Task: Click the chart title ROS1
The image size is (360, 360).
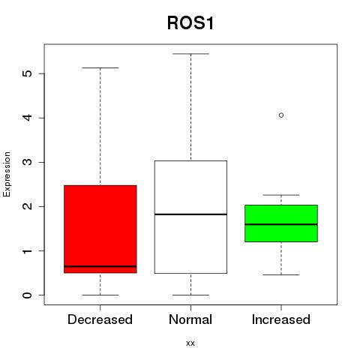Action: coord(190,23)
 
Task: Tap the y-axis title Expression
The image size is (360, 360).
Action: coord(7,174)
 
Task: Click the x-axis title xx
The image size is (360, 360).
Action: coord(190,343)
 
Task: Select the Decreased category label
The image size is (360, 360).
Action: coord(100,319)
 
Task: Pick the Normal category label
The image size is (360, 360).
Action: coord(190,319)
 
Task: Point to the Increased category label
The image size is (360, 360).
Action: coord(281,319)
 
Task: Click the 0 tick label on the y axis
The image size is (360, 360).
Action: coord(28,295)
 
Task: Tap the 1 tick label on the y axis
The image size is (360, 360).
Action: coord(28,250)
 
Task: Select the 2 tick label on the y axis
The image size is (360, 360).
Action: coord(28,206)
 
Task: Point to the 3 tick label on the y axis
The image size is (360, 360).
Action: coord(28,162)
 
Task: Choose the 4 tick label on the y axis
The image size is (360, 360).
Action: coord(28,118)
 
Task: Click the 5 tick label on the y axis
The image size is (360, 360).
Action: coord(28,73)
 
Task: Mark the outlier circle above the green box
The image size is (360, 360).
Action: coord(281,115)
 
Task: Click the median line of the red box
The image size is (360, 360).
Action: coord(100,266)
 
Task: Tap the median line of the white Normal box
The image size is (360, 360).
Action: coord(190,214)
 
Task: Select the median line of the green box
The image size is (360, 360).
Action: coord(281,224)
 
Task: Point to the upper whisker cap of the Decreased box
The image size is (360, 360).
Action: coord(100,67)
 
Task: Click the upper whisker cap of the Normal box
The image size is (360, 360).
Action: coord(190,54)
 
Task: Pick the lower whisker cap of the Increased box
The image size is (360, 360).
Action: coord(281,274)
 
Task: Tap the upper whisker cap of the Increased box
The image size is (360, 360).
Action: coord(281,195)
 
